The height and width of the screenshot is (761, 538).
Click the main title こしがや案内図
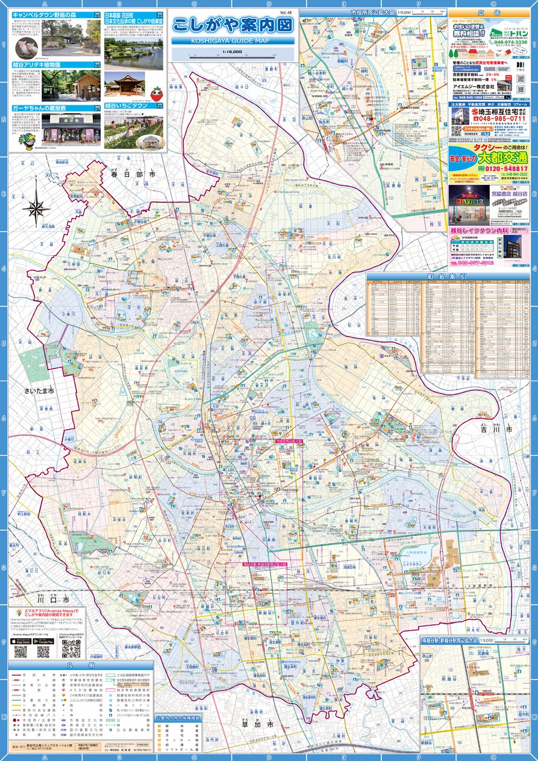pos(232,25)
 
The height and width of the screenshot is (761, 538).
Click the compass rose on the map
pos(36,208)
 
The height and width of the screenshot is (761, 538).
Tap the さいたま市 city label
pos(40,391)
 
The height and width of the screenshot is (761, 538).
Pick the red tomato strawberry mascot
pos(156,94)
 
